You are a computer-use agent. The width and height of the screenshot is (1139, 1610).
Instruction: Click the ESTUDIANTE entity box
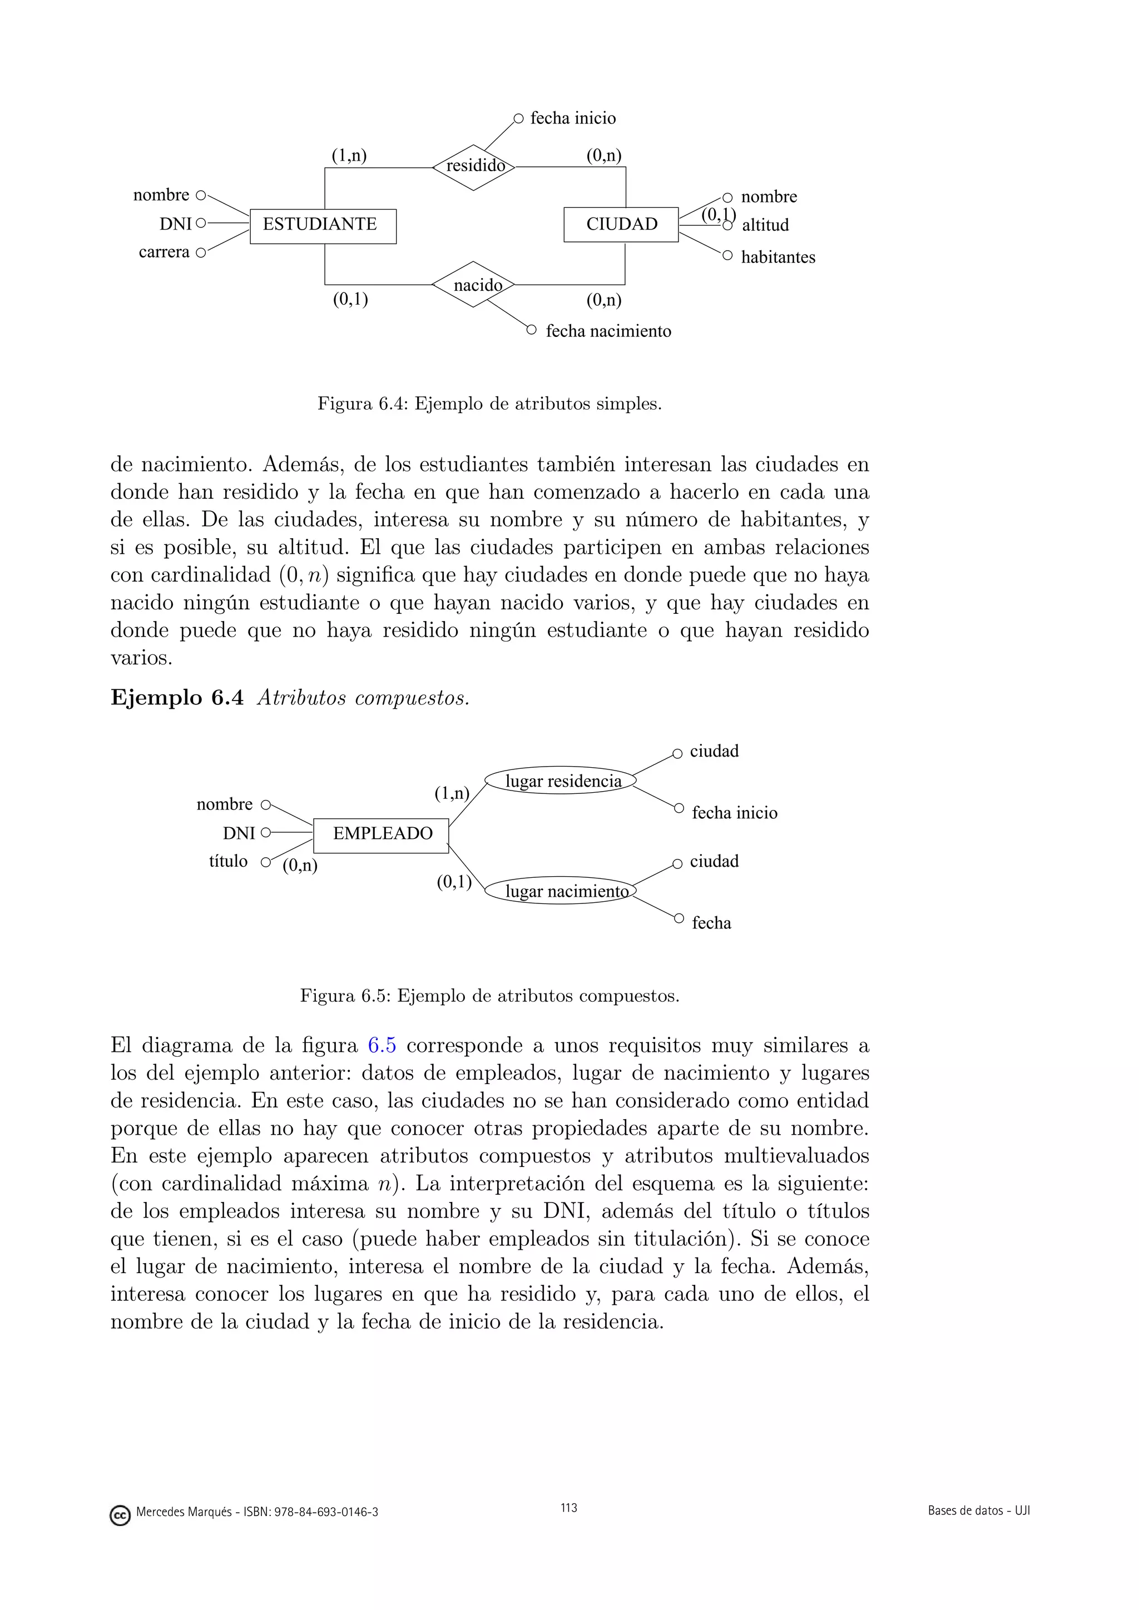tap(323, 226)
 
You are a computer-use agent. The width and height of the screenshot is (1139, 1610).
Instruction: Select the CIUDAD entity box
tap(621, 225)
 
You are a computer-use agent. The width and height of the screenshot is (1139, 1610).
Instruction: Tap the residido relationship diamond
tap(473, 167)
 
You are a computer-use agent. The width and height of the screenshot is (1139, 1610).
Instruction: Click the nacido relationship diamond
tap(473, 285)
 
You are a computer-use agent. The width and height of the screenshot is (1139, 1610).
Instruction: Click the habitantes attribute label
tap(778, 257)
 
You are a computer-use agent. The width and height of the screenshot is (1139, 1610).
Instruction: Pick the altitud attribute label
tap(765, 225)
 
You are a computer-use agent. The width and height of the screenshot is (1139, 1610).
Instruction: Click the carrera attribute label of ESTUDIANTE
tap(164, 252)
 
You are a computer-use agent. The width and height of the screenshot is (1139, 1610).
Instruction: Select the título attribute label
tap(228, 861)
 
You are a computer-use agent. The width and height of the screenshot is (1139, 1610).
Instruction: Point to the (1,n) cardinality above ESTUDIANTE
tap(349, 155)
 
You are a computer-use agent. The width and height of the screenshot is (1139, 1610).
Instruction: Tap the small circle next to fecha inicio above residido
tap(518, 118)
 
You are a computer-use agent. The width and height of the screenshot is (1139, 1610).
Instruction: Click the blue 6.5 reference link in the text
tap(382, 1046)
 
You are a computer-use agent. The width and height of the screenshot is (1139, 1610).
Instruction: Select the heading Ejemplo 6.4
tap(177, 698)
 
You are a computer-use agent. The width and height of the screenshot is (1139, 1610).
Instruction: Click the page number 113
tap(569, 1508)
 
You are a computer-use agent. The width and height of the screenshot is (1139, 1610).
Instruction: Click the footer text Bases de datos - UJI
tap(978, 1510)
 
